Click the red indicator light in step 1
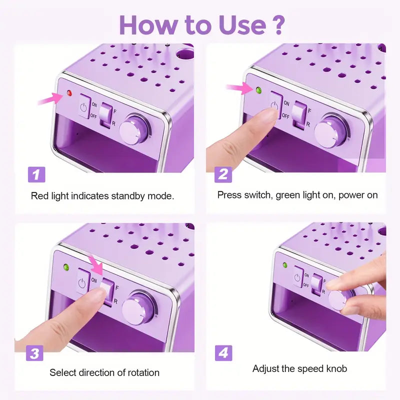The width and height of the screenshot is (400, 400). [x=69, y=93]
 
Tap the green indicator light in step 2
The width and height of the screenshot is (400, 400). [x=258, y=90]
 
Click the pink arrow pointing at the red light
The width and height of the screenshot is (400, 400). [x=50, y=98]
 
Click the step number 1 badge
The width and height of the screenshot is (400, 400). [x=36, y=174]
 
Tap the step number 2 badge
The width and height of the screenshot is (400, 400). [x=223, y=174]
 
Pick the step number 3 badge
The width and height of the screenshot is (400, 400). [x=34, y=353]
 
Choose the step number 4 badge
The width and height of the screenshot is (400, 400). [x=223, y=353]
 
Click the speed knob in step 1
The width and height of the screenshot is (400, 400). [x=134, y=129]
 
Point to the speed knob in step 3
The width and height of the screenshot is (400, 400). [x=138, y=308]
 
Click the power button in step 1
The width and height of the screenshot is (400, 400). [x=84, y=106]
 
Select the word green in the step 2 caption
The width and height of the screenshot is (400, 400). [x=287, y=195]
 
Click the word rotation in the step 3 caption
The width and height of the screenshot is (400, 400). [x=143, y=372]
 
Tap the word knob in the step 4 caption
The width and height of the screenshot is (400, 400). [x=336, y=368]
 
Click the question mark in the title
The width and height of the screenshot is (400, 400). [x=276, y=24]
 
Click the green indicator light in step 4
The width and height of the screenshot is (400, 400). [x=285, y=265]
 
